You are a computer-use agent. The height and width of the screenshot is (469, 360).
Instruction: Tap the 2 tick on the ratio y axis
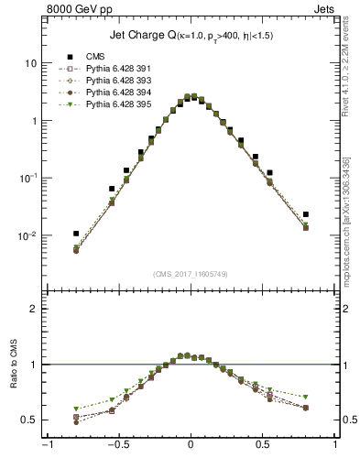coord(34,309)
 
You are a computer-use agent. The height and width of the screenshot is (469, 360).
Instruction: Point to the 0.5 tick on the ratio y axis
coord(30,420)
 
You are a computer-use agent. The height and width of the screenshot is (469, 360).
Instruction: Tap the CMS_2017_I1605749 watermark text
coord(190,275)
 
